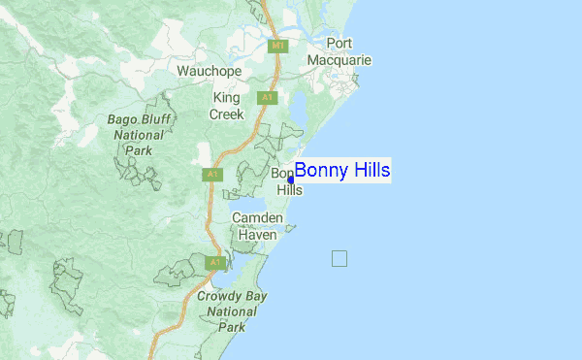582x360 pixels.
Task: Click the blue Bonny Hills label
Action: tap(342, 172)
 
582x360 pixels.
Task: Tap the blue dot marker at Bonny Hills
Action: tap(291, 180)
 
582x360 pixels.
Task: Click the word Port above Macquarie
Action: tap(339, 43)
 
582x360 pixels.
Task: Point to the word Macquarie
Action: tap(339, 60)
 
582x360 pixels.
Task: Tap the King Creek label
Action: tap(227, 106)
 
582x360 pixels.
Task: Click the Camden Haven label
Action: tap(256, 227)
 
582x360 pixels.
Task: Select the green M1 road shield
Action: tap(278, 46)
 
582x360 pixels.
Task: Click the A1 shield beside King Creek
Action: tap(266, 98)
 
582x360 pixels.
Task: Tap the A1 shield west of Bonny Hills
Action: tap(211, 175)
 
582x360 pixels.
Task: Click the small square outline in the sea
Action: tap(339, 258)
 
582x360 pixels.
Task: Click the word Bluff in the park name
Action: tap(160, 120)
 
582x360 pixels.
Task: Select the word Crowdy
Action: tap(218, 296)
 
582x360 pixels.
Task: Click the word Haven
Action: tap(256, 235)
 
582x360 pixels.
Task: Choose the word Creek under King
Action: tap(227, 114)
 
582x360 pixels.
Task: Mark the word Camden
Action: tap(256, 219)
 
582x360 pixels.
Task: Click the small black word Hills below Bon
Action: tap(290, 190)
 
